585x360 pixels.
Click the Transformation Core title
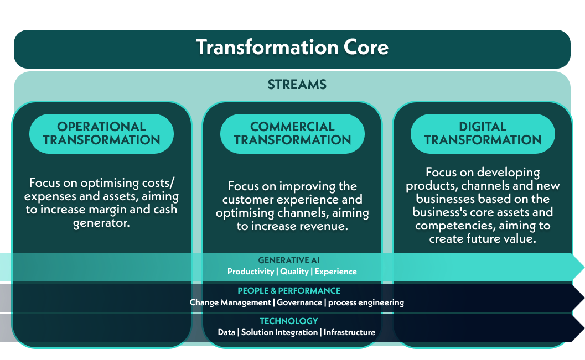(292, 48)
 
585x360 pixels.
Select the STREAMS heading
(297, 85)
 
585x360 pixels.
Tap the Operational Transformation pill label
(101, 133)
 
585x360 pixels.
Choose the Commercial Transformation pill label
(292, 133)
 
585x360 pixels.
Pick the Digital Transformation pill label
(483, 133)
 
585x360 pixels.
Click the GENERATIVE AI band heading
(289, 260)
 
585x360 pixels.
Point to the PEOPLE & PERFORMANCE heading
(289, 291)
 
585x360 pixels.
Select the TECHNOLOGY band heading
(289, 321)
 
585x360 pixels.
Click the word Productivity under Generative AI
(251, 272)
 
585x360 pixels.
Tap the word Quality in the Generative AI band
(294, 272)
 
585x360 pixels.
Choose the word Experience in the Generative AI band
(336, 272)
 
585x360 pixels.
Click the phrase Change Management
(230, 302)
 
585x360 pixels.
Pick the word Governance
(299, 302)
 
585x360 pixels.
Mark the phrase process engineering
(366, 302)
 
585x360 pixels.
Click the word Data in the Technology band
(226, 332)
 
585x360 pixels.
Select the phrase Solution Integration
(279, 332)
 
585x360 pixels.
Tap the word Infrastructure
(350, 332)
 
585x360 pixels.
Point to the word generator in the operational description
(101, 224)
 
